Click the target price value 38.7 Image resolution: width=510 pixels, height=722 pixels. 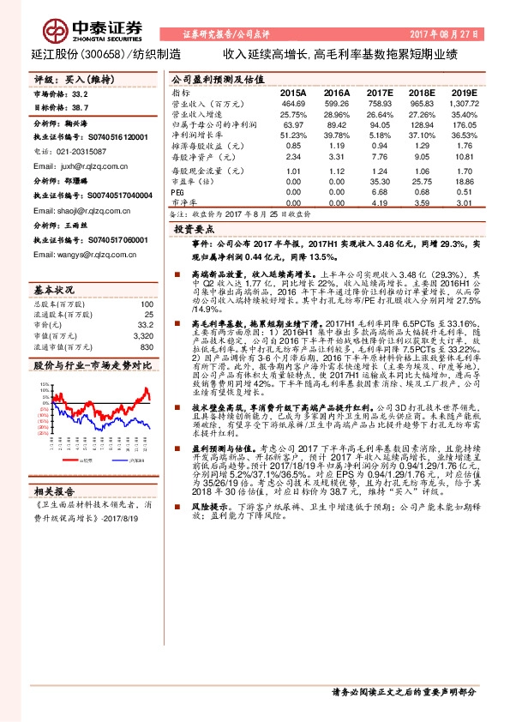80,108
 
